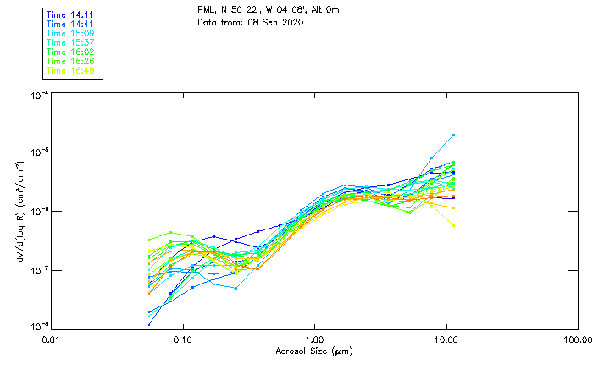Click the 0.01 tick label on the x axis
click(51, 340)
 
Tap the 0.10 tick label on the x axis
click(182, 340)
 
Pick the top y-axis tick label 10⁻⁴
click(39, 96)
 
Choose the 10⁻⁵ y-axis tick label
click(39, 152)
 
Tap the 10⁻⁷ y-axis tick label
click(39, 270)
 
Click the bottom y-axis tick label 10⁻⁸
click(39, 327)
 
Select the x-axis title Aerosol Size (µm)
click(314, 351)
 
